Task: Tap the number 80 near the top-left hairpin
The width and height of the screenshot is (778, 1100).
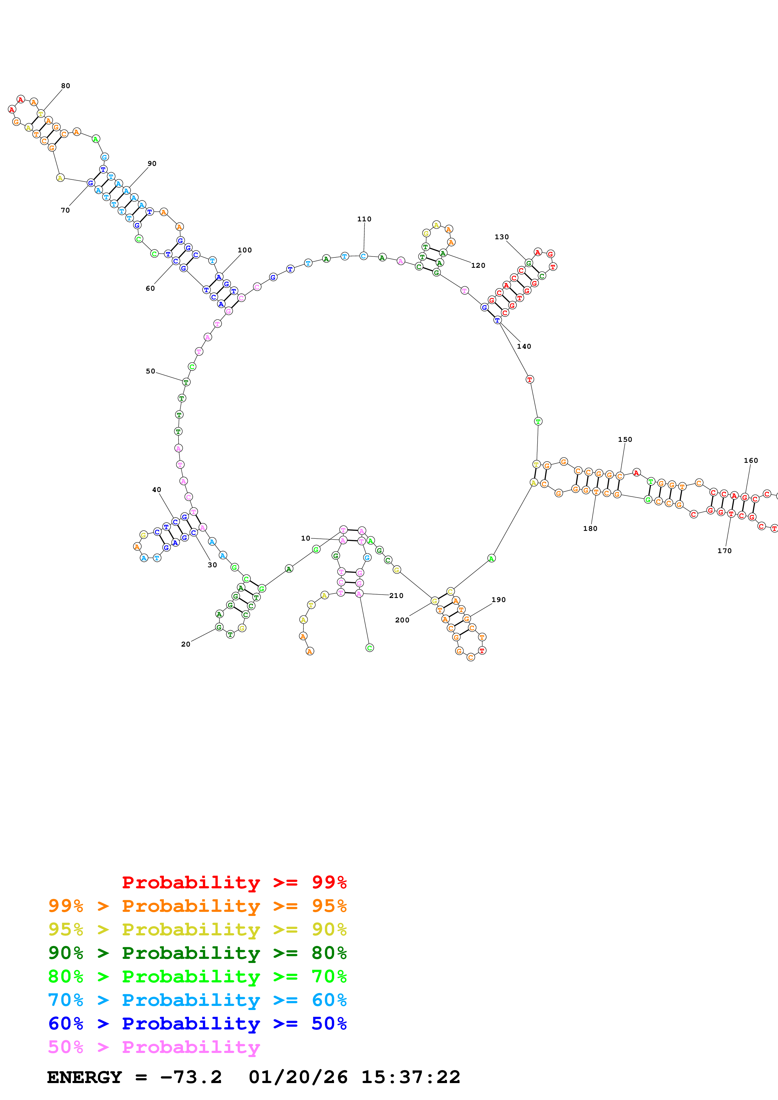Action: pyautogui.click(x=65, y=86)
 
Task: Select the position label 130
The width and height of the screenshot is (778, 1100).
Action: pyautogui.click(x=502, y=237)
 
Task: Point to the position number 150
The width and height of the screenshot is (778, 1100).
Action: pyautogui.click(x=625, y=439)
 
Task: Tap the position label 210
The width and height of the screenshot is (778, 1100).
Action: pyautogui.click(x=396, y=595)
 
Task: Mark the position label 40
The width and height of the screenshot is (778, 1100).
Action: pyautogui.click(x=156, y=489)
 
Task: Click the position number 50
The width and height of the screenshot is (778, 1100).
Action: pyautogui.click(x=151, y=371)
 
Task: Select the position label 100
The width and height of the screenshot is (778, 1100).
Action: pyautogui.click(x=244, y=250)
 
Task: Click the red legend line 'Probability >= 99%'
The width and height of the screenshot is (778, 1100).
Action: pyautogui.click(x=234, y=882)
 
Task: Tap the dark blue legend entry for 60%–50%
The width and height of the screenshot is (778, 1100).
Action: pyautogui.click(x=197, y=1023)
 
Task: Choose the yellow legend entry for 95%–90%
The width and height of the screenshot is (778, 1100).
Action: pyautogui.click(x=197, y=929)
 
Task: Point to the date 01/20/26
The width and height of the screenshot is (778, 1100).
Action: pyautogui.click(x=298, y=1077)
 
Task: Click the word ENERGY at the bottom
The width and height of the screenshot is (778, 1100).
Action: pyautogui.click(x=84, y=1077)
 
